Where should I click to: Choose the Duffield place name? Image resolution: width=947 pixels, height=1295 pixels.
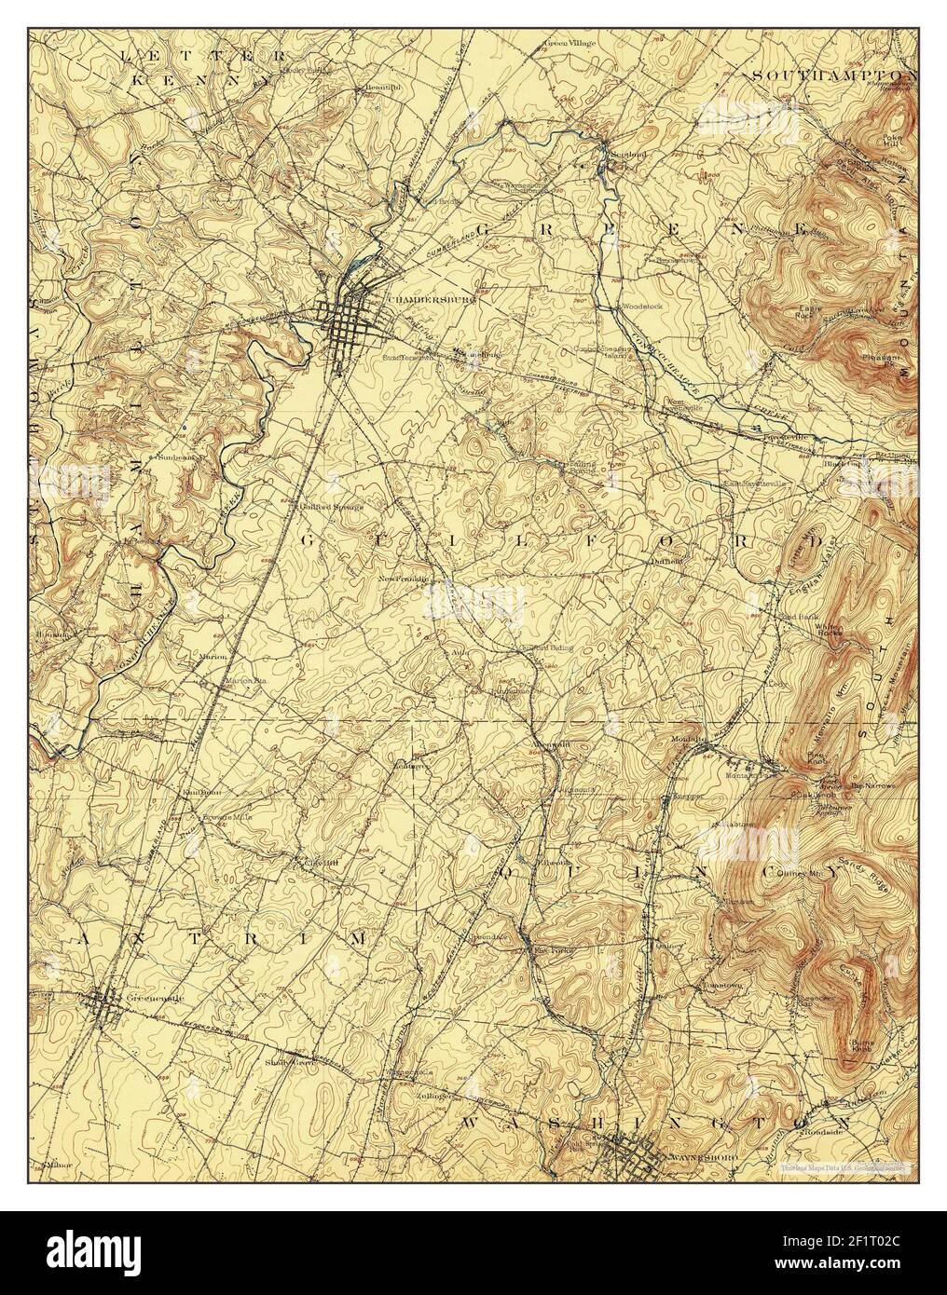pyautogui.click(x=667, y=561)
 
